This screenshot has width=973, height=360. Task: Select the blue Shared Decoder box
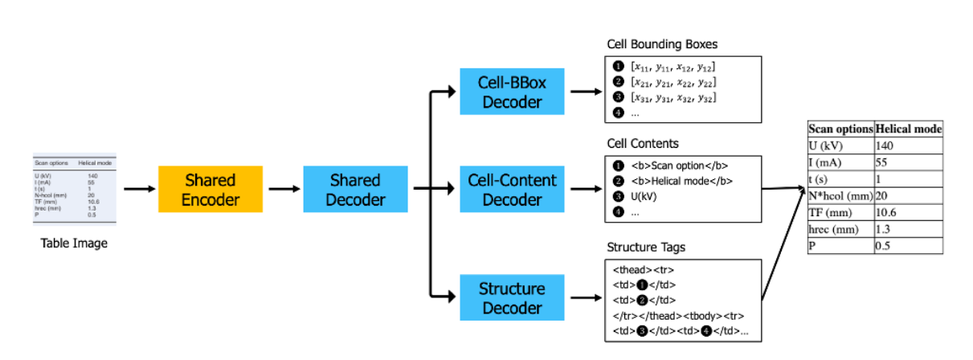click(354, 189)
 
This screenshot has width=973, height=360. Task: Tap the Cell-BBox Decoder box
click(511, 91)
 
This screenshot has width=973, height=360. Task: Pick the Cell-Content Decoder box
click(511, 190)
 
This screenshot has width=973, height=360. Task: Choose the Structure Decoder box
click(511, 297)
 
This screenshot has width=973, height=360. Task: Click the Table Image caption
click(74, 243)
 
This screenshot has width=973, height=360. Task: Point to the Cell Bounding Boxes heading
click(660, 44)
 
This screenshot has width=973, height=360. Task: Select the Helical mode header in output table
click(908, 129)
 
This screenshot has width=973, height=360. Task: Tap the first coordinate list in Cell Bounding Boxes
click(673, 67)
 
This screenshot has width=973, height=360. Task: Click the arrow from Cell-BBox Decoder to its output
click(583, 91)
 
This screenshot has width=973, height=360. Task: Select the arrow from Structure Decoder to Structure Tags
click(583, 297)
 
